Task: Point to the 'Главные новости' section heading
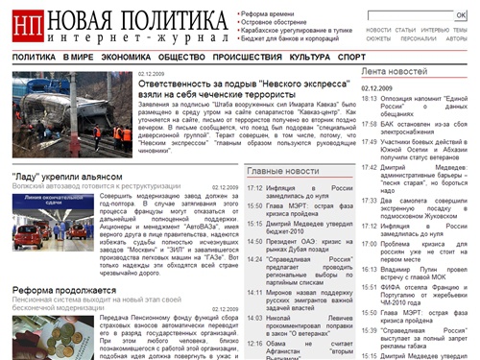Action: point(283,170)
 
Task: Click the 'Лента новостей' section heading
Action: point(394,72)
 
